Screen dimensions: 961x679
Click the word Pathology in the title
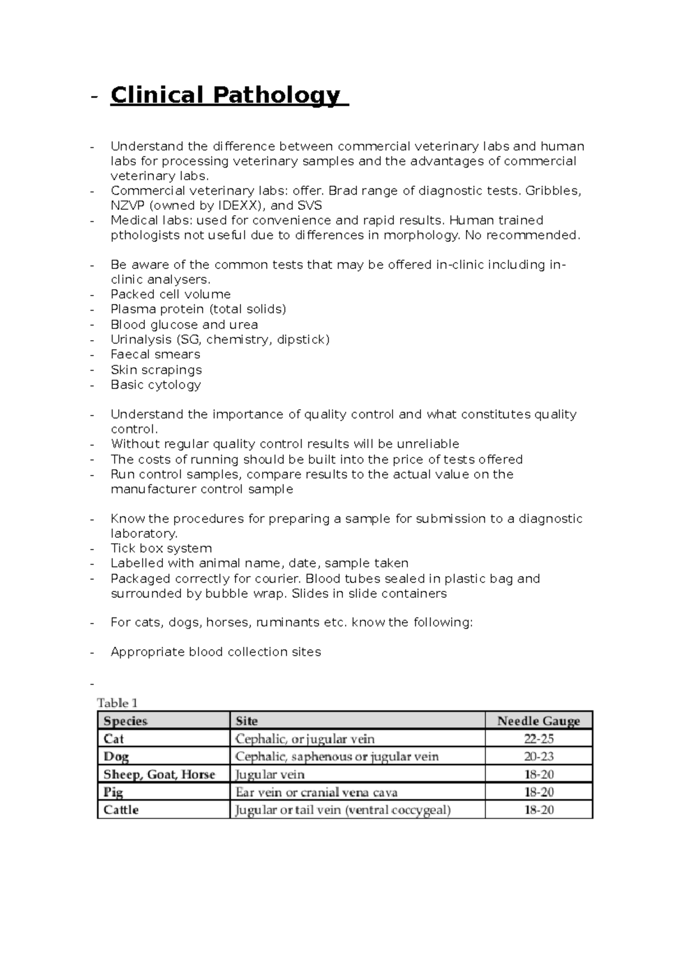[x=277, y=96]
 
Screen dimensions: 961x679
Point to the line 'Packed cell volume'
[x=170, y=294]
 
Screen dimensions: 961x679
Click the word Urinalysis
[x=141, y=340]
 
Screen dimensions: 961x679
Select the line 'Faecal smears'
[x=155, y=354]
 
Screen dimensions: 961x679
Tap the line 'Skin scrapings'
[x=156, y=370]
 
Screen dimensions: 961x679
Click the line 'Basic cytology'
[x=156, y=385]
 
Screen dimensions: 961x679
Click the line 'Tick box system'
[x=161, y=548]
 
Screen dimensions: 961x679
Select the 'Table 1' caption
[x=117, y=703]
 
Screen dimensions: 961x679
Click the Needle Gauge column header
[x=538, y=721]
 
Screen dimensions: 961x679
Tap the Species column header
[x=125, y=721]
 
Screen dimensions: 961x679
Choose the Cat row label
[x=114, y=739]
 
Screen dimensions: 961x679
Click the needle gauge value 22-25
[x=538, y=739]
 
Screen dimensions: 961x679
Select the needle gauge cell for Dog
[x=538, y=757]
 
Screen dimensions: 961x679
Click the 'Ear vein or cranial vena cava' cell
[x=316, y=792]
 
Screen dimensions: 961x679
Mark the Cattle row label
[x=121, y=810]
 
